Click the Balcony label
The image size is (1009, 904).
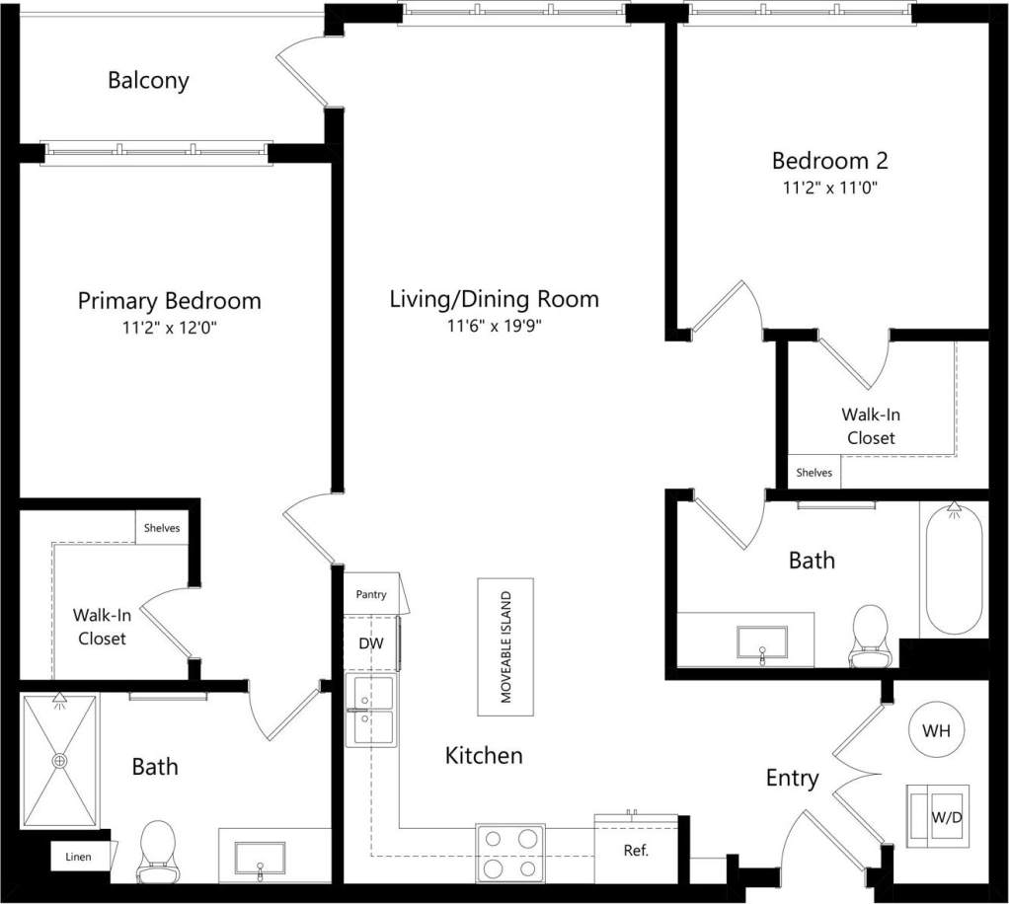coord(148,81)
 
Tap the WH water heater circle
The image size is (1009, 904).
coord(936,731)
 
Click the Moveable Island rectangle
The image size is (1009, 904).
coord(505,647)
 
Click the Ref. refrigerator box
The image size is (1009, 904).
coord(636,849)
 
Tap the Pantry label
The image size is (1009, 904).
coord(370,596)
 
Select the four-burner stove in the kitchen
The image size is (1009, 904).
coord(510,853)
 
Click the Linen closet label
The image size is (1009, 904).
coord(79,857)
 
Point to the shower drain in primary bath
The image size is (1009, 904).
coord(60,761)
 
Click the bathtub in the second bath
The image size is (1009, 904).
coord(953,569)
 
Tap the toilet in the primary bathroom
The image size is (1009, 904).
coord(157,851)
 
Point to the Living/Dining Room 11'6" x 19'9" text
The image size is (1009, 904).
coord(494,327)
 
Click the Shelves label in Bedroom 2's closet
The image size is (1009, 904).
coord(815,473)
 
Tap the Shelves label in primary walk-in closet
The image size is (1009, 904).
coord(162,528)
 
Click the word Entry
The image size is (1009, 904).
coord(793,778)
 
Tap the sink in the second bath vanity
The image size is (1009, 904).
coord(762,642)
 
